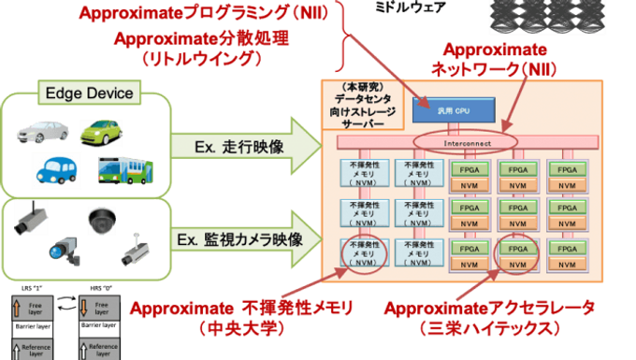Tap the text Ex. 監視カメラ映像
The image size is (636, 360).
coord(240,239)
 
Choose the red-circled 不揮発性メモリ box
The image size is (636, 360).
coord(361,252)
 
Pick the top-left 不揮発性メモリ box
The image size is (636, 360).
coord(361,176)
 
